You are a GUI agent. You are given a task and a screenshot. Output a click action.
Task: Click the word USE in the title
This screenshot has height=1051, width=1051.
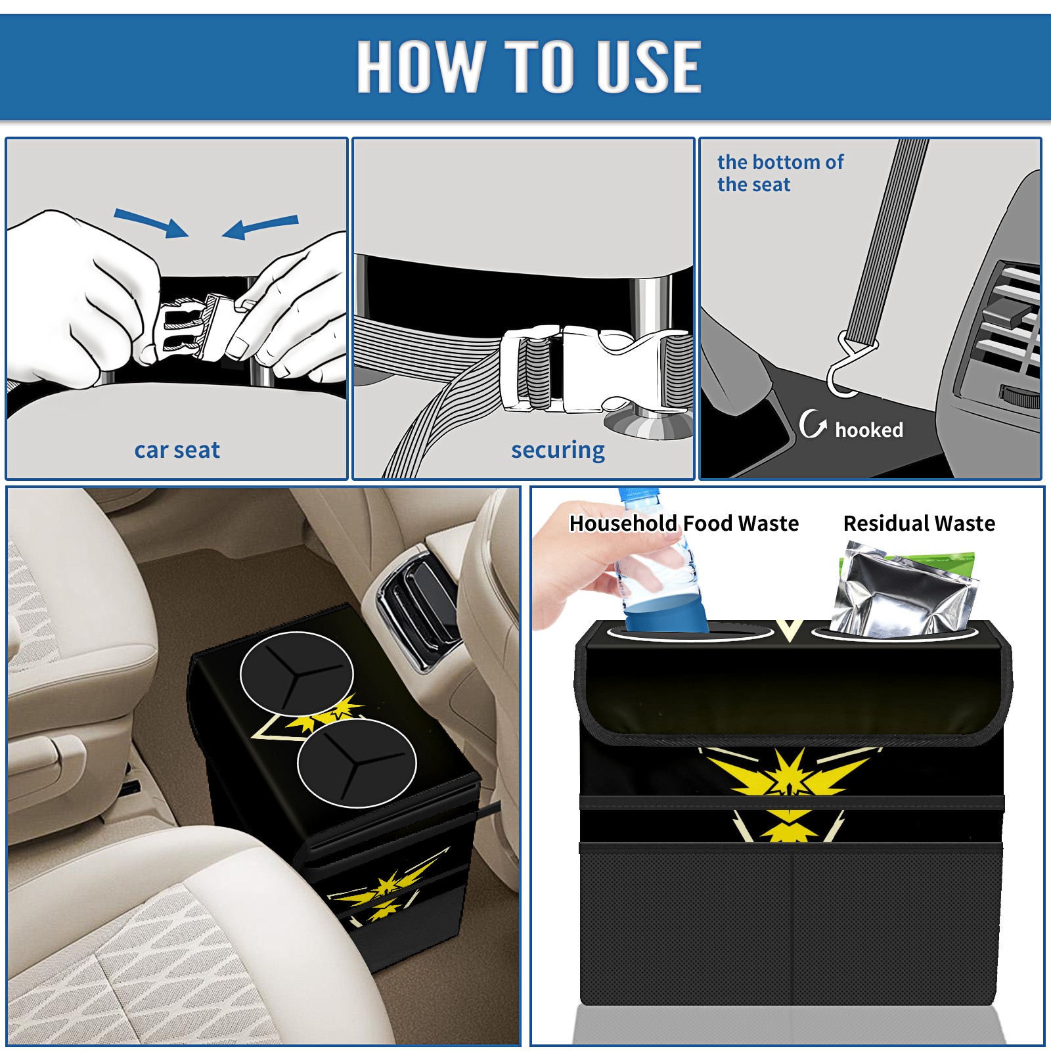click(648, 66)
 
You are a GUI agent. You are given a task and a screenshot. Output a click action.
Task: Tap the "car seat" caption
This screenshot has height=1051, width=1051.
click(177, 451)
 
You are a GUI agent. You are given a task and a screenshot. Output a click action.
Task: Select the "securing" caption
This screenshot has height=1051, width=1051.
click(558, 451)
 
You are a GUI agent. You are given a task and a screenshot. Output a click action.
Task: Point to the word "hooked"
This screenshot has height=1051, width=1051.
click(869, 430)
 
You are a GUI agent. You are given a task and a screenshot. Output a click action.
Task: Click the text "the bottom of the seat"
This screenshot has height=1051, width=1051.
click(780, 173)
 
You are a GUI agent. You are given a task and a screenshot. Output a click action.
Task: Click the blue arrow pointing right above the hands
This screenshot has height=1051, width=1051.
click(151, 223)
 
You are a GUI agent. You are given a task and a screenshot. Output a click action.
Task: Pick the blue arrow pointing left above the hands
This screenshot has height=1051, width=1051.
click(260, 227)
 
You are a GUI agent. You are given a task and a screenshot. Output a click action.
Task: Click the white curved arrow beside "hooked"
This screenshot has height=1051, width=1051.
click(812, 424)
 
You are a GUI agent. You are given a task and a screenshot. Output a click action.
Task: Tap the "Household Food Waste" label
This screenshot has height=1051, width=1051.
click(684, 524)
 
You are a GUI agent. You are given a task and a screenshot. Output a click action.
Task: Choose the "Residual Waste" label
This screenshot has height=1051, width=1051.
click(919, 524)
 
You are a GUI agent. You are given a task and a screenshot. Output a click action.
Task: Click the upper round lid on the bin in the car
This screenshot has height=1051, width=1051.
click(297, 673)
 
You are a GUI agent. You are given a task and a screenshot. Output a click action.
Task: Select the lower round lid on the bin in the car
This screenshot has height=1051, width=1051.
click(357, 763)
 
